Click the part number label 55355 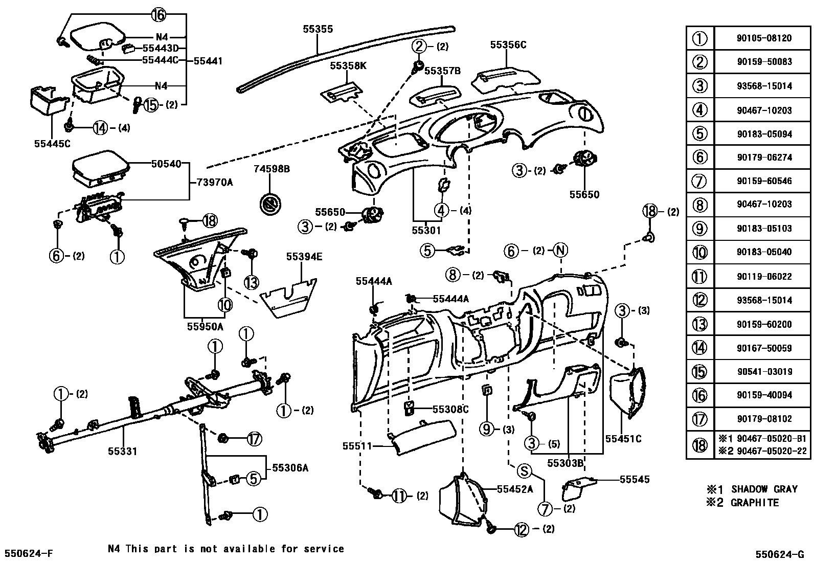coord(318,29)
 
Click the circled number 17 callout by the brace coord(254,438)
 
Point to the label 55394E coord(304,257)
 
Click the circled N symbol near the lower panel coord(561,251)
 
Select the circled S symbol coord(525,471)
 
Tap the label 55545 coord(635,479)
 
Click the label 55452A coord(515,489)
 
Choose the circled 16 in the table coord(699,395)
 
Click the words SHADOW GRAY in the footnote coord(764,489)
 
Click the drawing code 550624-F coord(29,554)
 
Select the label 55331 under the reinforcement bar coord(122,451)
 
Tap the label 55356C coord(508,45)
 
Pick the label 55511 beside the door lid coord(357,446)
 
